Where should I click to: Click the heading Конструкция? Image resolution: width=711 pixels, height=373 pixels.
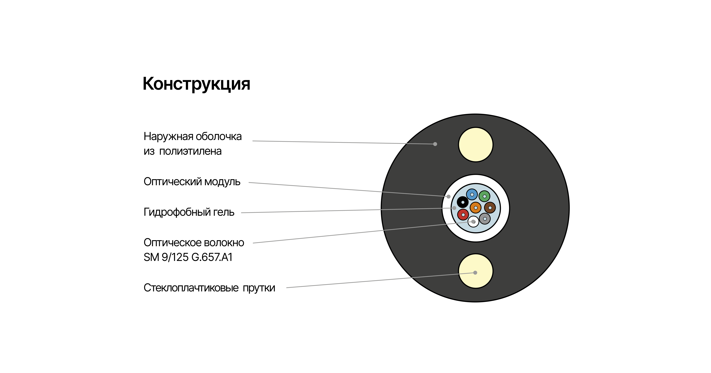click(x=196, y=84)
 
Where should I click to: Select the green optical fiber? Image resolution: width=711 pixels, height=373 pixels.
click(x=484, y=196)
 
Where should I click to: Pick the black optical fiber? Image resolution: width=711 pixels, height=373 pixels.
click(x=463, y=202)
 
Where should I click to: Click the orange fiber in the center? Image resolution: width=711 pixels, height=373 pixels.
click(x=476, y=208)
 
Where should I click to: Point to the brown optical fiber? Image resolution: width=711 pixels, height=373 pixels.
click(x=490, y=208)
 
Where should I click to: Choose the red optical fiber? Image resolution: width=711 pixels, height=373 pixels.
click(x=463, y=214)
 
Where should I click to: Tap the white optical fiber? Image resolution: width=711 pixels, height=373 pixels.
click(x=473, y=221)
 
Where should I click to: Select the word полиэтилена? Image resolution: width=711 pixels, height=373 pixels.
click(x=190, y=151)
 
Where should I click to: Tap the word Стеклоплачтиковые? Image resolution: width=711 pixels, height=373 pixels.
click(x=191, y=288)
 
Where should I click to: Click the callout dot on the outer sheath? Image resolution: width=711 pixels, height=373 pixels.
click(x=435, y=144)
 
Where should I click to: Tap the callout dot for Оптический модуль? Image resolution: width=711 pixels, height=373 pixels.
click(x=448, y=197)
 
